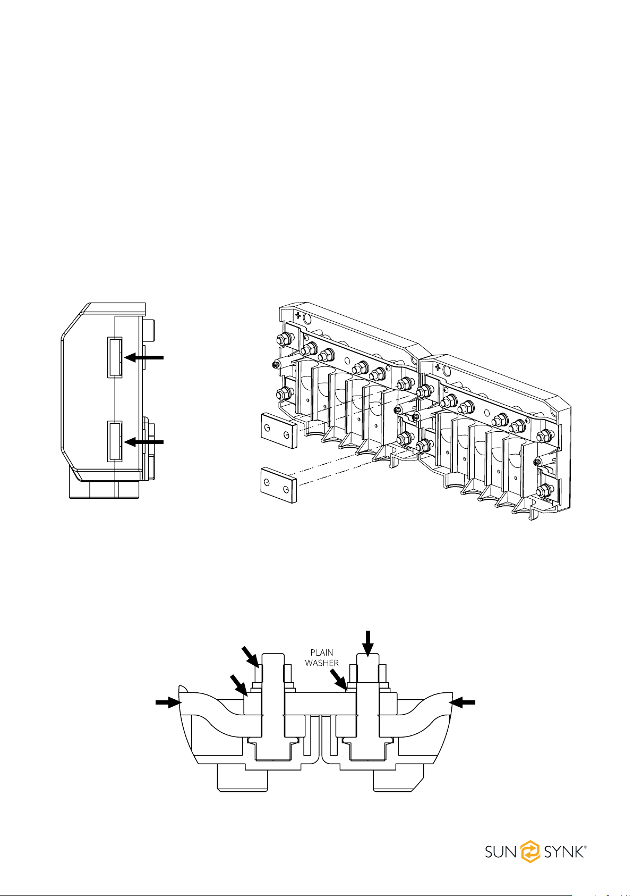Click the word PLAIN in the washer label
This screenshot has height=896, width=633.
(321, 652)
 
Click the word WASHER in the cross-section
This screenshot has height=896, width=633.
(322, 663)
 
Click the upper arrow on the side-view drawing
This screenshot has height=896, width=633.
(144, 357)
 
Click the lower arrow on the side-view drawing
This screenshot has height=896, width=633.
(144, 441)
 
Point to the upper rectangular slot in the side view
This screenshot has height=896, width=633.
(115, 357)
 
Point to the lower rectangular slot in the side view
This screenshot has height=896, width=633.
(115, 440)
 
